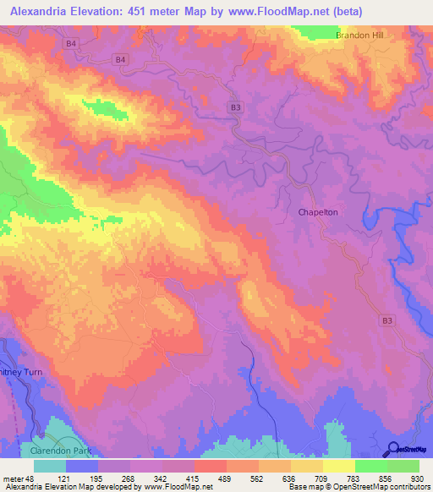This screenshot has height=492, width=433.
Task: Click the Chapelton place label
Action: [318, 213]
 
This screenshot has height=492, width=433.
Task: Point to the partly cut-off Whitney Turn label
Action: [16, 372]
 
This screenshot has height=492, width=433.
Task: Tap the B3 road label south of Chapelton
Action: [387, 320]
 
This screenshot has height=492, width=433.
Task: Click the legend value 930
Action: [419, 478]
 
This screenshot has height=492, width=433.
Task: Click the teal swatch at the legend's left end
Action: [50, 466]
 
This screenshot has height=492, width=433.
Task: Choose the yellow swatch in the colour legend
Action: [339, 466]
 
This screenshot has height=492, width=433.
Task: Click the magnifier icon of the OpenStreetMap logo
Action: [392, 450]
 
